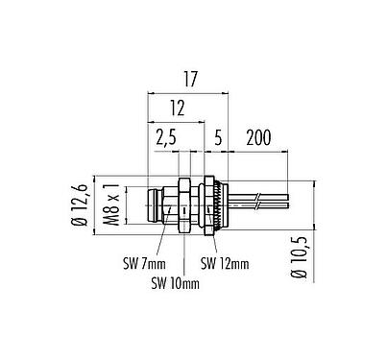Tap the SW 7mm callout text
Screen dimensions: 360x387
point(141,261)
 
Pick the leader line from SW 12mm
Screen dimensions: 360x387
point(208,246)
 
